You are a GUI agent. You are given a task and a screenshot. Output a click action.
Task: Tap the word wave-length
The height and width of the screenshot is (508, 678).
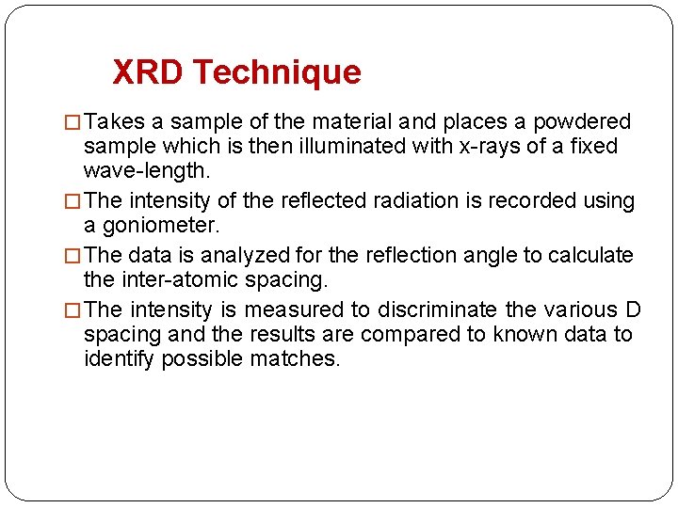pyautogui.click(x=147, y=171)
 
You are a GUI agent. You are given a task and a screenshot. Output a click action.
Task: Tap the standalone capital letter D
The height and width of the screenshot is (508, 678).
pyautogui.click(x=633, y=310)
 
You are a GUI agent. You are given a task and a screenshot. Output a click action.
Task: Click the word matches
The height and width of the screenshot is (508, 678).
pyautogui.click(x=295, y=358)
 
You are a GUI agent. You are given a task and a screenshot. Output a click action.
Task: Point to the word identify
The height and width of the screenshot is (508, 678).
pyautogui.click(x=119, y=358)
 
